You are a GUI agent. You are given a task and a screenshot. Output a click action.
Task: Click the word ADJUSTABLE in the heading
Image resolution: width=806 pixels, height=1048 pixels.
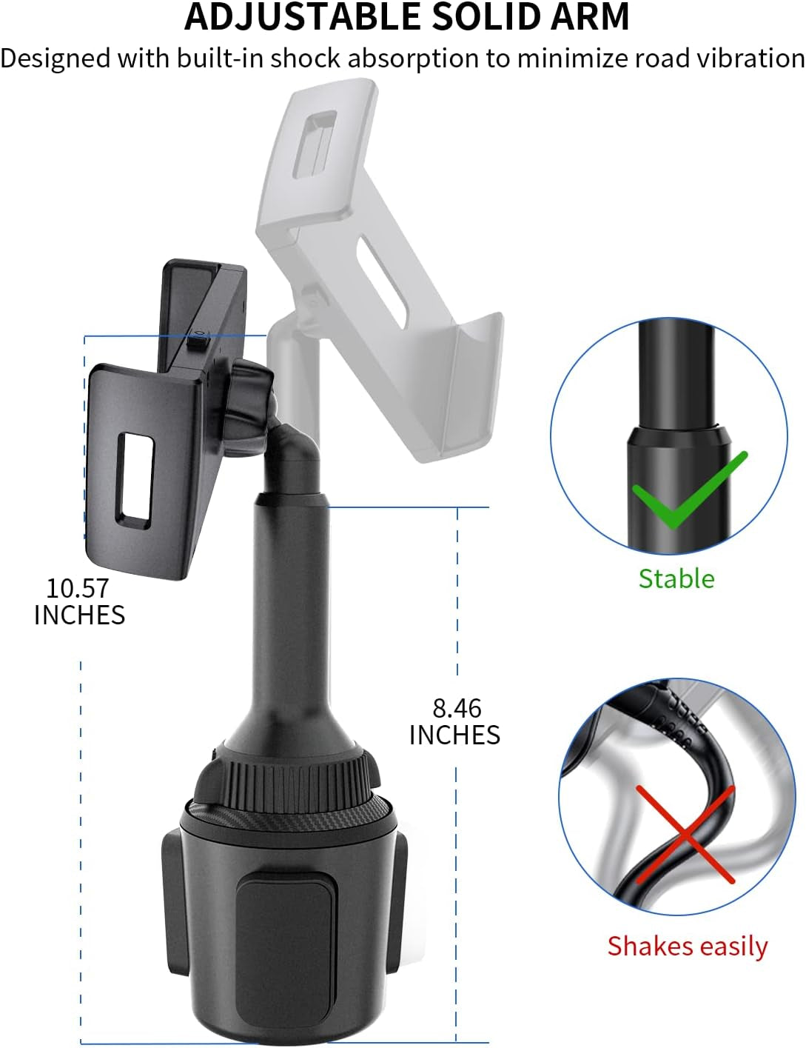pyautogui.click(x=302, y=17)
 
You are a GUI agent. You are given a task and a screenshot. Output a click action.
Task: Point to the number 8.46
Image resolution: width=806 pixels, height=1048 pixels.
pyautogui.click(x=457, y=708)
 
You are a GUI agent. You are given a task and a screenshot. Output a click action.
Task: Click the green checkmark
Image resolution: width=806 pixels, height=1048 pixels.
pyautogui.click(x=690, y=490)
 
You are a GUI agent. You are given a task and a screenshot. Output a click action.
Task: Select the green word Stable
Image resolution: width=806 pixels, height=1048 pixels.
pyautogui.click(x=676, y=578)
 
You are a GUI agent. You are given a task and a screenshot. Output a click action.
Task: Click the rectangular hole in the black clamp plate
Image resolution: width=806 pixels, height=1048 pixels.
pyautogui.click(x=135, y=481)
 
